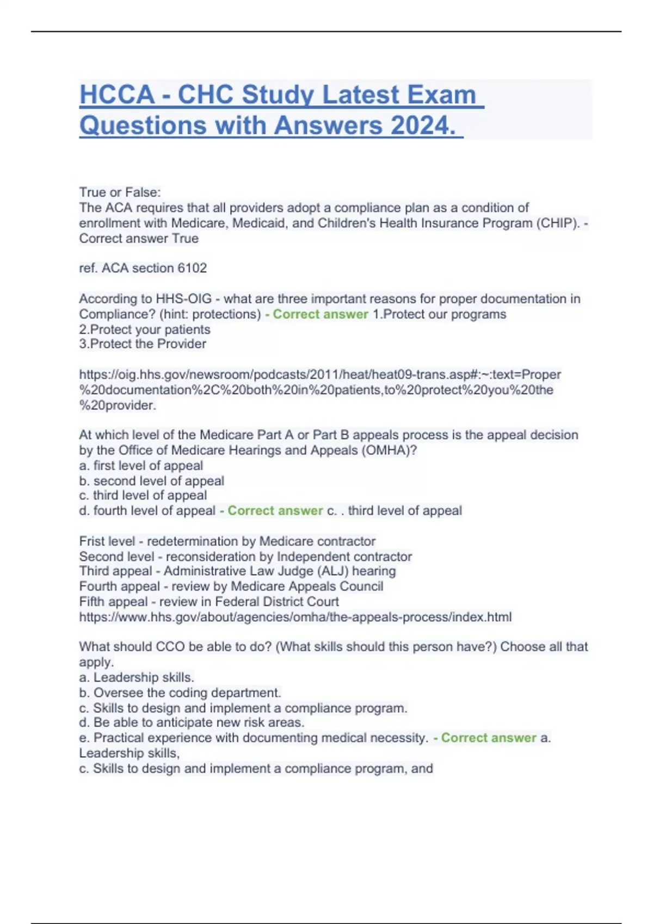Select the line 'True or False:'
click(120, 192)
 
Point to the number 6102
click(192, 268)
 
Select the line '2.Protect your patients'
click(145, 329)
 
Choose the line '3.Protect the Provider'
click(143, 344)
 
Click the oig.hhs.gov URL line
click(320, 374)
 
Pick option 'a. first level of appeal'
click(141, 466)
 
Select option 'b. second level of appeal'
click(151, 481)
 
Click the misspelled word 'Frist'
click(93, 541)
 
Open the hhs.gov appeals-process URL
click(295, 617)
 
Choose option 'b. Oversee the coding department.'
click(180, 693)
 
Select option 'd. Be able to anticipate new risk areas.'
click(192, 723)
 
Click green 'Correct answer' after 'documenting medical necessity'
click(488, 738)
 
